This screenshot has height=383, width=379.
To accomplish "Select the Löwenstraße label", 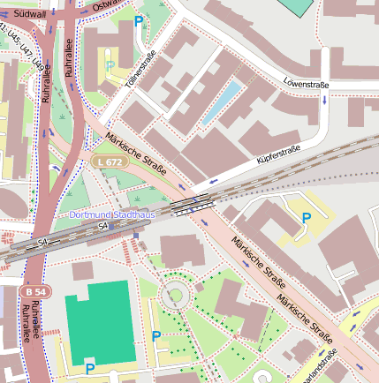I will pos(306,84).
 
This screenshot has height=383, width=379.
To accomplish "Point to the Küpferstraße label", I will pos(278,158).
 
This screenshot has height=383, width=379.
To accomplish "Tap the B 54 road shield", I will pos(36,291).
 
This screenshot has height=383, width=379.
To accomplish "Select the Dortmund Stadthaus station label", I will pos(112,214).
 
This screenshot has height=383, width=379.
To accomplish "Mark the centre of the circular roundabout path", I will pos(175,296).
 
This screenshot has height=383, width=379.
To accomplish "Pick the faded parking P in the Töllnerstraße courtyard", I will pos(110,66).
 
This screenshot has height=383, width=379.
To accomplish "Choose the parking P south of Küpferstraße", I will pos(307,217).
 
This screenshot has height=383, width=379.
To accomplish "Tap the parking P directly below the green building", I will pos(89,368).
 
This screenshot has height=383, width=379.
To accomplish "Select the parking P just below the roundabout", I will pos(156,335).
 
